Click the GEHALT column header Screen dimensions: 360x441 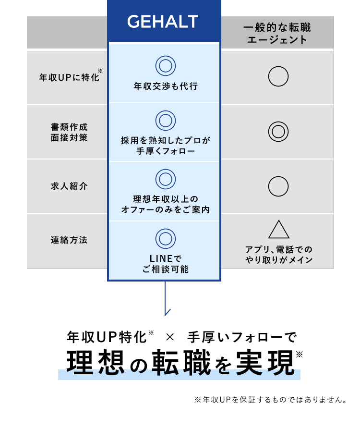tap(163, 22)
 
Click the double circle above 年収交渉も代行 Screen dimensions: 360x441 tap(166, 66)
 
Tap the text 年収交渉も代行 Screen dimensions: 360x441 tap(166, 86)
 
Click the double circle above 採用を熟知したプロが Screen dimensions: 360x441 tap(166, 121)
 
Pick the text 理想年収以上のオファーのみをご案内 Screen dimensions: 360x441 tap(166, 204)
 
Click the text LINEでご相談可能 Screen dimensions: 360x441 tap(166, 264)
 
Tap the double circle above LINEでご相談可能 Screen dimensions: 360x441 tap(166, 238)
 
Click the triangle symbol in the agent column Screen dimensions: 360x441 tap(278, 230)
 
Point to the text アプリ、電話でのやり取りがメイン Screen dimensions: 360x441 tap(278, 255)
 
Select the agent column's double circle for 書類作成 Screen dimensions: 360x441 tap(278, 132)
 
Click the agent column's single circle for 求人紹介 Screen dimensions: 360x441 tap(278, 186)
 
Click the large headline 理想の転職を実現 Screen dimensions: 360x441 tap(180, 364)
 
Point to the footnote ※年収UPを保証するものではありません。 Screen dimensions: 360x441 tap(270, 400)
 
